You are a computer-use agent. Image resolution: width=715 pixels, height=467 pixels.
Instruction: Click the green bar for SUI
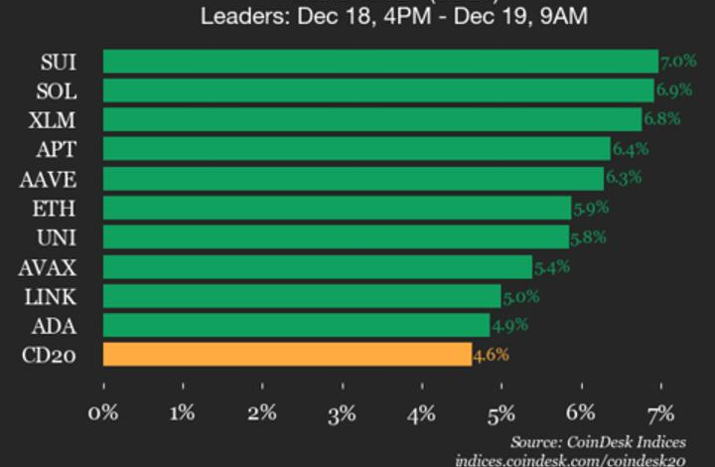pyautogui.click(x=380, y=62)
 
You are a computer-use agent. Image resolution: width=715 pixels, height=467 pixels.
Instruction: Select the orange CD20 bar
pyautogui.click(x=287, y=355)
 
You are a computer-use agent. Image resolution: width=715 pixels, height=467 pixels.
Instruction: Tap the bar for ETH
pyautogui.click(x=337, y=208)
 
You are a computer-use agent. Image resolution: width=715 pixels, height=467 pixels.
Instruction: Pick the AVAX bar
pyautogui.click(x=317, y=267)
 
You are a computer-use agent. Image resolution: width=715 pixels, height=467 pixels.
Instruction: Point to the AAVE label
pyautogui.click(x=49, y=179)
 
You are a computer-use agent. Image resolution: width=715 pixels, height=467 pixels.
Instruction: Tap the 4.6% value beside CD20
pyautogui.click(x=491, y=355)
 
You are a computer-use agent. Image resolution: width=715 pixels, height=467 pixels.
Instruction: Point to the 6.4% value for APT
pyautogui.click(x=630, y=149)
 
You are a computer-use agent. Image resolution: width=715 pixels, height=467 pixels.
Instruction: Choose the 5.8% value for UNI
pyautogui.click(x=588, y=237)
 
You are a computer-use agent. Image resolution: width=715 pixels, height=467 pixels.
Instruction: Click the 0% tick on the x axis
pyautogui.click(x=103, y=412)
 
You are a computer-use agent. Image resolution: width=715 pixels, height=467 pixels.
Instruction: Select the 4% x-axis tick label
pyautogui.click(x=421, y=412)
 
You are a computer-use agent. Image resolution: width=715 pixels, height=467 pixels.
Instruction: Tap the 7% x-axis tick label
pyautogui.click(x=660, y=412)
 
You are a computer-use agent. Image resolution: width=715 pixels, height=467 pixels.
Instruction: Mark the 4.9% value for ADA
pyautogui.click(x=509, y=326)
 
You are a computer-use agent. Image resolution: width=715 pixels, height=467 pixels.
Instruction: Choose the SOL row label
pyautogui.click(x=57, y=90)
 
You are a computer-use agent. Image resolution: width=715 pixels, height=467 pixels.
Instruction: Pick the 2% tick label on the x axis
pyautogui.click(x=262, y=412)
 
